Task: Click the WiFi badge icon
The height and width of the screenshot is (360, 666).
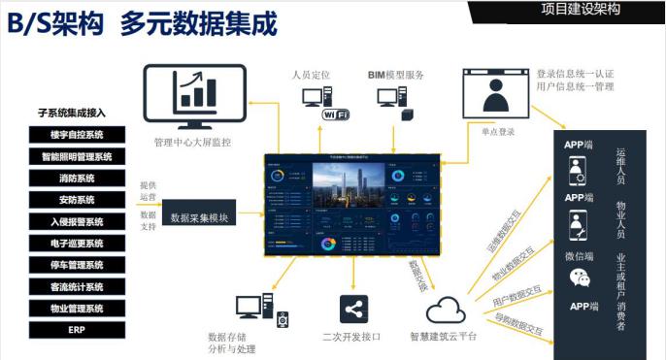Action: coord(336,115)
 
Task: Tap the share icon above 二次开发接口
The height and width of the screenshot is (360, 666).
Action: coord(353,311)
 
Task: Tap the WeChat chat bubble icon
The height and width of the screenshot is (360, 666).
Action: coord(580,279)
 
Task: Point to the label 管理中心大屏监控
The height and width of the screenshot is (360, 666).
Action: coord(192,144)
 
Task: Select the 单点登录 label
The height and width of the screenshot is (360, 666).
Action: coord(498,130)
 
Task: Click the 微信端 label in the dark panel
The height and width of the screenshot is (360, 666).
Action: coord(579,256)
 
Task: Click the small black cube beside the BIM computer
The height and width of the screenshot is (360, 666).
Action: coord(408,115)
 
